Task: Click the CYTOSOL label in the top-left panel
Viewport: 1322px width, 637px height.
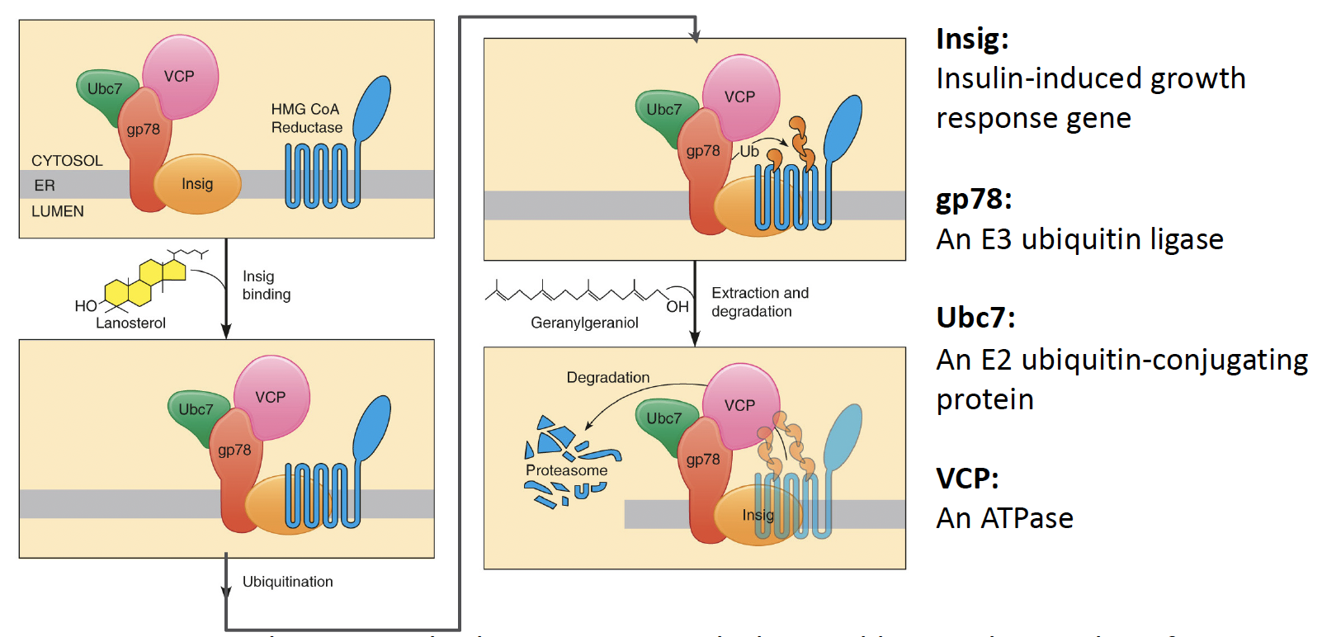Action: point(67,161)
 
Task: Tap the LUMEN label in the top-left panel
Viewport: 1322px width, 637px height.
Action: point(58,211)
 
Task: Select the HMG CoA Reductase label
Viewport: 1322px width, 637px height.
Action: point(306,118)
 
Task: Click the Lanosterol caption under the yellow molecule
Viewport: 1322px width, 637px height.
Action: point(130,323)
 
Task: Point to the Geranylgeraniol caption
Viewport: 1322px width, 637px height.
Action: point(584,323)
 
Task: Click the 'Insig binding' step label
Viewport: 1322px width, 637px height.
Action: point(266,285)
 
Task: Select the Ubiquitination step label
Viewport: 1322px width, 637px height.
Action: point(287,582)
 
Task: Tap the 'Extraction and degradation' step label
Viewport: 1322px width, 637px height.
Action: point(759,302)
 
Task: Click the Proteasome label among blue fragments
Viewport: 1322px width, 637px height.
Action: point(566,470)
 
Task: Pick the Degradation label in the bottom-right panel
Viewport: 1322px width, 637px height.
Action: point(607,378)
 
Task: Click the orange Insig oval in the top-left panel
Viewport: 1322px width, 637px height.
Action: point(197,184)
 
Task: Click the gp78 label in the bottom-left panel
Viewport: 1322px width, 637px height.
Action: point(234,451)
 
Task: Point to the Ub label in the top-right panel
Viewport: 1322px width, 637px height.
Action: point(748,151)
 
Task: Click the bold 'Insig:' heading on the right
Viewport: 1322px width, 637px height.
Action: point(972,39)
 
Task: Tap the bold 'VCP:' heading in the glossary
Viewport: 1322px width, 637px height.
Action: point(967,479)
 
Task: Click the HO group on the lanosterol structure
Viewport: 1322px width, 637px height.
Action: point(86,306)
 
